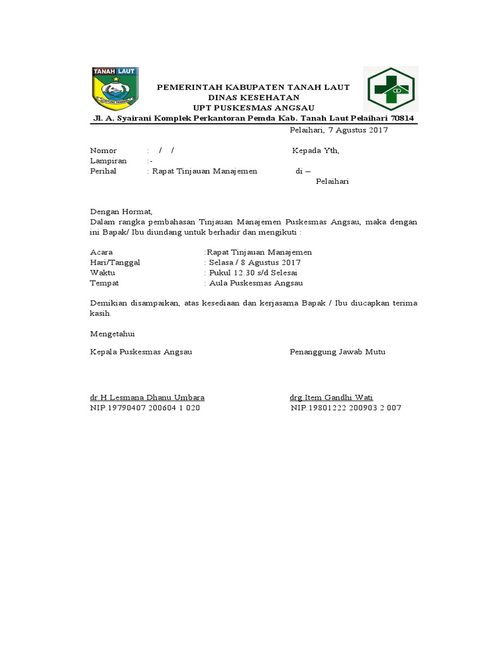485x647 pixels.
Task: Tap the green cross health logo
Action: point(390,89)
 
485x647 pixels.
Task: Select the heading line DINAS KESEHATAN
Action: point(254,97)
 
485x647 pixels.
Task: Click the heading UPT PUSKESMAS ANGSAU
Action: point(254,107)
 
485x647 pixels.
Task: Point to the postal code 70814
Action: point(403,118)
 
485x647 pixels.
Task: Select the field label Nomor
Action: point(104,150)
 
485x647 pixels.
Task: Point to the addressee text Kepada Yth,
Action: point(315,150)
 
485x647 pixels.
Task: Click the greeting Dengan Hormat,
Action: point(121,212)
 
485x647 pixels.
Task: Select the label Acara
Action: point(102,252)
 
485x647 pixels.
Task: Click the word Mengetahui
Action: point(112,333)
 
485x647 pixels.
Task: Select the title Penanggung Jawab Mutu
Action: point(337,351)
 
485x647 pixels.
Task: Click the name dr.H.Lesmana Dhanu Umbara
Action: point(147,397)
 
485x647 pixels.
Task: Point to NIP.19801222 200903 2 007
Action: point(345,408)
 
